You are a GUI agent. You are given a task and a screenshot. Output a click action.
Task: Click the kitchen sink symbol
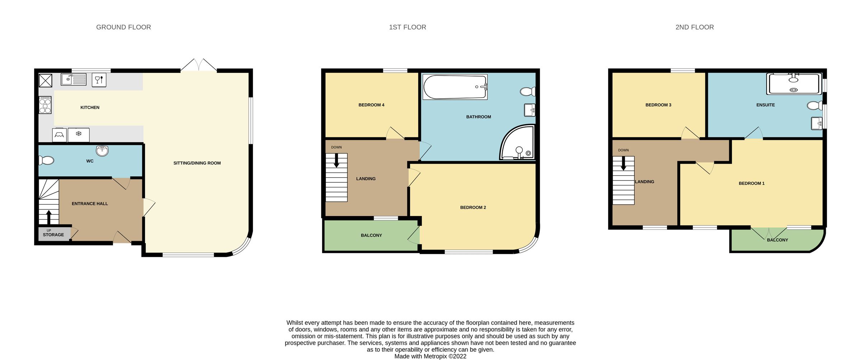(x=73, y=79)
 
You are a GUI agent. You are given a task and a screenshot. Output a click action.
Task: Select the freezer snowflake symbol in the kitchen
(x=79, y=134)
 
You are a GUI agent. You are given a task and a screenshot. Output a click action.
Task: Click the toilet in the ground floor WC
(x=47, y=160)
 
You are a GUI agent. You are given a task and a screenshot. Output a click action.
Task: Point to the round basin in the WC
(x=102, y=150)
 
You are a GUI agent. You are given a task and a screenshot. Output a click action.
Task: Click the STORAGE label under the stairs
(x=53, y=235)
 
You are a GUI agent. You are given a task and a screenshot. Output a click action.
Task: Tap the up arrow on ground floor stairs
(x=49, y=217)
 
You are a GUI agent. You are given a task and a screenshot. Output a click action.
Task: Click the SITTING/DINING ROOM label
(x=197, y=163)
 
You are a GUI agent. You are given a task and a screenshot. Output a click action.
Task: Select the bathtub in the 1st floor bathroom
(x=455, y=87)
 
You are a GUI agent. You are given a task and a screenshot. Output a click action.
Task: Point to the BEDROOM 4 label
(x=371, y=105)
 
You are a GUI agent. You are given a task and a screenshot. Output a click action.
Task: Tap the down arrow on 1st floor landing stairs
(x=337, y=160)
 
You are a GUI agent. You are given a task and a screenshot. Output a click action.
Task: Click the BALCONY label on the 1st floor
(x=371, y=235)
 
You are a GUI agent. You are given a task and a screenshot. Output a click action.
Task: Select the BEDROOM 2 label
(x=473, y=207)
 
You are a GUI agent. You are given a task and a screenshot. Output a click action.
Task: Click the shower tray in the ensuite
(x=794, y=84)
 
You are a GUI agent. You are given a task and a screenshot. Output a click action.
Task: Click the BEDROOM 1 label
(x=752, y=183)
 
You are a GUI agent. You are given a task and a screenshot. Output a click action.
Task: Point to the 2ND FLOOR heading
(x=695, y=27)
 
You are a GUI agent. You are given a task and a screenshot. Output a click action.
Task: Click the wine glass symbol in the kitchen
(x=99, y=79)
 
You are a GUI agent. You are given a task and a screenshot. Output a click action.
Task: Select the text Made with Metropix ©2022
(x=430, y=356)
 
